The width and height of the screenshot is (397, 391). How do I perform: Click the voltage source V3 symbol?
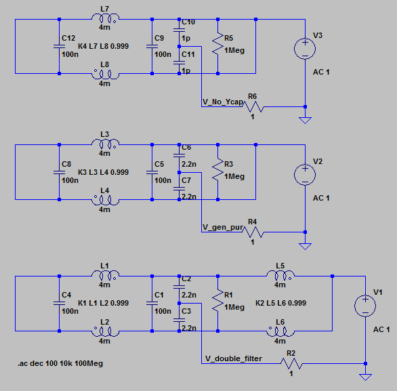[x=305, y=49]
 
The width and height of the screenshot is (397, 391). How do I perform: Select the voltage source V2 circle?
[x=305, y=175]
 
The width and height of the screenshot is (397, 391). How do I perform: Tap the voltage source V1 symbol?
[x=365, y=306]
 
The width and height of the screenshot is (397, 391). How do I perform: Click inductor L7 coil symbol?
[x=105, y=19]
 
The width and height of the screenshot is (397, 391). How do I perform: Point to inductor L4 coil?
[x=105, y=200]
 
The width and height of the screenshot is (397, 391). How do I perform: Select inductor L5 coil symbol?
[x=280, y=276]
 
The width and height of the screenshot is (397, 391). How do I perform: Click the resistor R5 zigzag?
[x=217, y=43]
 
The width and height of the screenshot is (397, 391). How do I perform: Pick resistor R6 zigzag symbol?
[x=253, y=106]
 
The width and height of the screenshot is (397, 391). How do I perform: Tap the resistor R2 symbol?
[x=291, y=364]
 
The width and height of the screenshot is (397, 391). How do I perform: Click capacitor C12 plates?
[x=59, y=46]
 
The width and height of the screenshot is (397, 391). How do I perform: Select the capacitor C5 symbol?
[x=152, y=172]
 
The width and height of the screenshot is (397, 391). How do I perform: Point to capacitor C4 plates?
[x=59, y=303]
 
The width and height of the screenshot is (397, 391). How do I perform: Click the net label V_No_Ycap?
[x=223, y=102]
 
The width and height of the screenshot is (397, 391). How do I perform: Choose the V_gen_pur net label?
[x=223, y=228]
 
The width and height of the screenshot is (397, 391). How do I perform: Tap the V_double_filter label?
[x=234, y=358]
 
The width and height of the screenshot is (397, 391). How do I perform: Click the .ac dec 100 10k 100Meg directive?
[x=60, y=363]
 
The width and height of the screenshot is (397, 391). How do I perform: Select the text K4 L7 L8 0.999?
[x=103, y=46]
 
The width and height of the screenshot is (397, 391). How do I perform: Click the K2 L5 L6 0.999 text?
[x=280, y=303]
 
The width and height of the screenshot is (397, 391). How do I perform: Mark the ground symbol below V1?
[x=365, y=377]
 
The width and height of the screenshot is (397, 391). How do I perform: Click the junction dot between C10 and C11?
[x=179, y=46]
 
